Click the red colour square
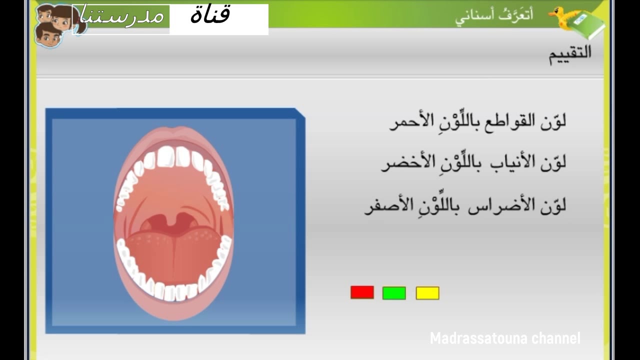click(x=362, y=292)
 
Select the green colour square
click(x=394, y=293)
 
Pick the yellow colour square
click(x=427, y=293)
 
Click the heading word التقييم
click(x=570, y=54)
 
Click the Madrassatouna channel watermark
click(x=505, y=338)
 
